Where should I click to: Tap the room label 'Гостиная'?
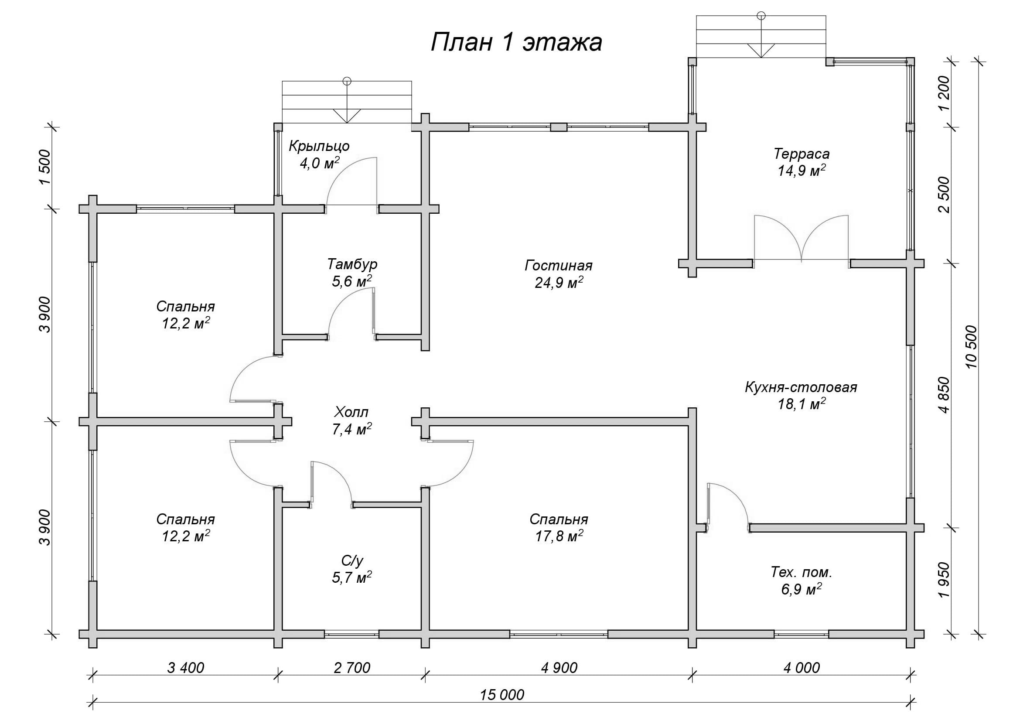559,266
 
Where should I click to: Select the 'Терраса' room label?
802,154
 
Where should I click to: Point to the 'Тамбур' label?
352,264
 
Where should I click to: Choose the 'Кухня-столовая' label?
801,387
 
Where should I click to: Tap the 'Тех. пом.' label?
802,572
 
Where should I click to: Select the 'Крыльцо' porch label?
319,146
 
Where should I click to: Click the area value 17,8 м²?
559,536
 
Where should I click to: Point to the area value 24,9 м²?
559,283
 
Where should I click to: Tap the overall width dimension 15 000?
502,694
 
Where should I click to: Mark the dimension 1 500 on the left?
45,167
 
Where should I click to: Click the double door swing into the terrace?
802,238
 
